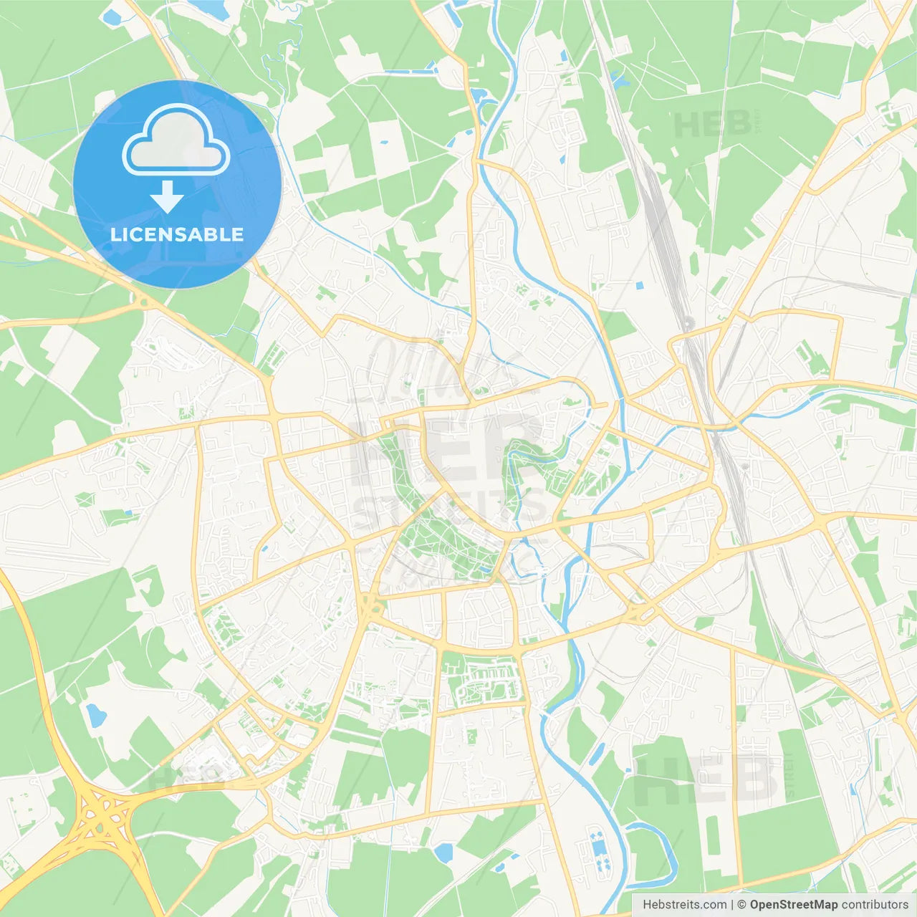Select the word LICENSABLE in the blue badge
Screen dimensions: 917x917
coord(177,234)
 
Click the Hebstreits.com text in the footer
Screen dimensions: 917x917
coord(684,905)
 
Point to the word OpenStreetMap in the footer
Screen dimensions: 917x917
coord(794,905)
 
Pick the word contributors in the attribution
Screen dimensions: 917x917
coord(875,905)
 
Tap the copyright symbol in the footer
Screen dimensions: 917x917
coord(742,905)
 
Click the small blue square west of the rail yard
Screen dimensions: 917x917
coord(639,286)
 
